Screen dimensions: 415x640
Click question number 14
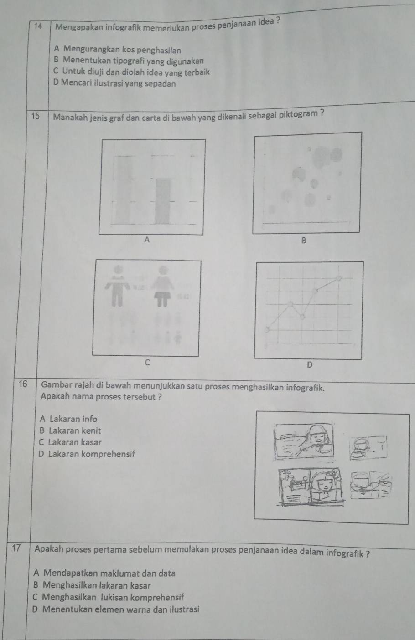pos(38,26)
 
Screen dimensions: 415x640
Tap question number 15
pos(36,116)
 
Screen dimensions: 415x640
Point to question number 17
pos(16,548)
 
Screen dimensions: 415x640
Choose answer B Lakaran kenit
pos(70,430)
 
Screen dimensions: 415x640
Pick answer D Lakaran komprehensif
pos(86,454)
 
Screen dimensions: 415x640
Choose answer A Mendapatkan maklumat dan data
pos(104,573)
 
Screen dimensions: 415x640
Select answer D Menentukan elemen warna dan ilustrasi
pos(115,609)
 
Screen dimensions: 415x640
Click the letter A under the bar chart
pos(147,240)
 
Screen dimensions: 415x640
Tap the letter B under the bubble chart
pos(304,241)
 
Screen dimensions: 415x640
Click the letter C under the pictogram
pos(147,363)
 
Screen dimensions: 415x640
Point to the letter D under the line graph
pos(310,364)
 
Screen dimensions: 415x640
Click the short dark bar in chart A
pos(163,201)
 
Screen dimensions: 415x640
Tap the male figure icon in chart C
pos(118,286)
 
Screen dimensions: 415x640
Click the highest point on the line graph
pos(339,278)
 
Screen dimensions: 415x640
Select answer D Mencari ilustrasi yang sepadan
pos(114,83)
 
